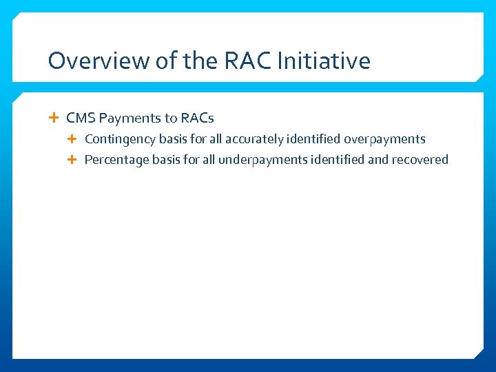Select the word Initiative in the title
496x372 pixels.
coord(323,61)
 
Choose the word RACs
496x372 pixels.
coord(197,118)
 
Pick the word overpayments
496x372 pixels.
coord(384,139)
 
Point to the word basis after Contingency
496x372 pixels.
coord(172,139)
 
